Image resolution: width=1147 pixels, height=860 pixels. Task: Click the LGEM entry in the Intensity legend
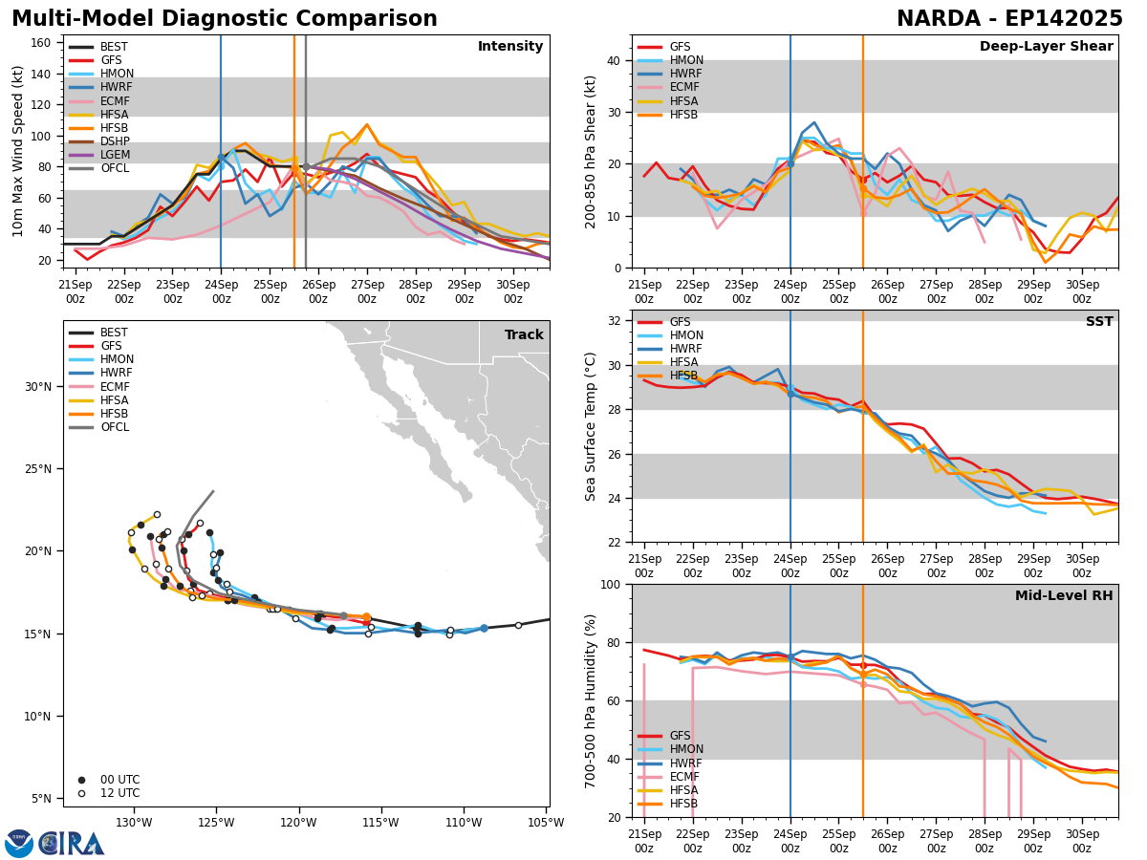click(x=115, y=155)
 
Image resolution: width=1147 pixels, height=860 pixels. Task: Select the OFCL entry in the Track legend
click(x=115, y=427)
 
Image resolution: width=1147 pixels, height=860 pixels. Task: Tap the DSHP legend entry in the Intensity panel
click(x=115, y=141)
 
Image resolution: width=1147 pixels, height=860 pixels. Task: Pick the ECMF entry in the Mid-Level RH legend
click(x=683, y=777)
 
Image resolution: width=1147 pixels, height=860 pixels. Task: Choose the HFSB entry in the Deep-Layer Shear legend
click(x=683, y=115)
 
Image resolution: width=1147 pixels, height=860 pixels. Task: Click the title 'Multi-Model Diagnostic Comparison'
click(x=225, y=19)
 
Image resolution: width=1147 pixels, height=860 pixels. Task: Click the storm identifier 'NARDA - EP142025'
click(x=1009, y=19)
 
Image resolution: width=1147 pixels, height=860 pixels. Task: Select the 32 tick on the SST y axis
click(x=616, y=320)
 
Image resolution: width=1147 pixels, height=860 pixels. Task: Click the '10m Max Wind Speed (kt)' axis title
click(x=17, y=151)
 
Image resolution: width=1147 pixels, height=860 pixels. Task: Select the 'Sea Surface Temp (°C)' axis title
click(x=591, y=426)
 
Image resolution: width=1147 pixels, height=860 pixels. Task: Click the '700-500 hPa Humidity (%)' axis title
click(x=591, y=700)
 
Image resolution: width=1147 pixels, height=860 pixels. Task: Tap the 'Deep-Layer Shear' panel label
click(x=1046, y=47)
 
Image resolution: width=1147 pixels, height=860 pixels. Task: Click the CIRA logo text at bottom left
click(x=72, y=843)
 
